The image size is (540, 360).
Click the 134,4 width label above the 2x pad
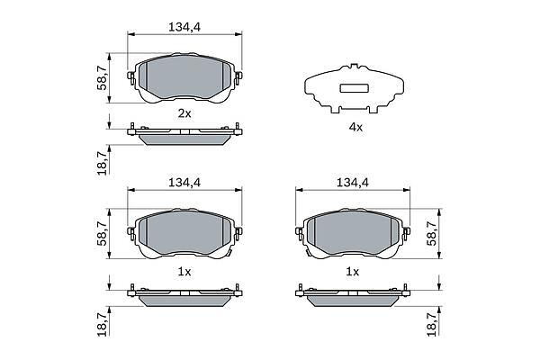click(184, 27)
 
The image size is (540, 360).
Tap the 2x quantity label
click(184, 113)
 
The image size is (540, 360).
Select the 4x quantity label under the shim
click(355, 128)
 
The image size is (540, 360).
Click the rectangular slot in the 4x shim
click(355, 88)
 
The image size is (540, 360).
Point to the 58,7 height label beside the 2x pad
click(103, 78)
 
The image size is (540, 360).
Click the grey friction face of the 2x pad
click(184, 77)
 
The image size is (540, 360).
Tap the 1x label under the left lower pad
click(184, 272)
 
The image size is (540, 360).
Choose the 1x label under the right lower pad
click(352, 272)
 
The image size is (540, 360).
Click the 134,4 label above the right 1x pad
click(352, 183)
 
